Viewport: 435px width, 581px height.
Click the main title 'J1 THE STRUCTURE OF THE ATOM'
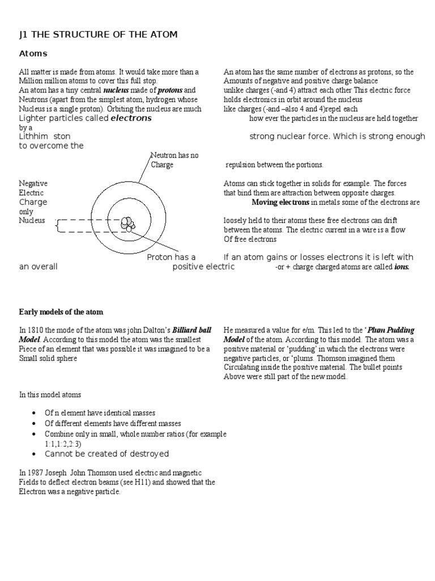(x=98, y=35)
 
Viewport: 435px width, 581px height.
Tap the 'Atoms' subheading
(x=33, y=54)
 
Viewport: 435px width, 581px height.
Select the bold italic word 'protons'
(x=170, y=90)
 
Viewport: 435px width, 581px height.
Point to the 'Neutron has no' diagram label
(x=174, y=155)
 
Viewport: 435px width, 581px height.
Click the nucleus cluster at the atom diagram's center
(x=128, y=224)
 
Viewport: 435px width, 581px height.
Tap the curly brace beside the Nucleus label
(x=57, y=226)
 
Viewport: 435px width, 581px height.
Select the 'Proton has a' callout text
(x=172, y=257)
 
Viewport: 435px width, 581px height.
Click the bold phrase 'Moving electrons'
(x=280, y=202)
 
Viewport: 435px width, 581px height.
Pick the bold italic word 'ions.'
(x=401, y=267)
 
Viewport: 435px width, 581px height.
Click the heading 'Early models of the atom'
(x=61, y=312)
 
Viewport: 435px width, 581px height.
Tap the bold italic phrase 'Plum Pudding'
(x=393, y=330)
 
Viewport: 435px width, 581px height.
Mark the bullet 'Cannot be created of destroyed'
(x=106, y=454)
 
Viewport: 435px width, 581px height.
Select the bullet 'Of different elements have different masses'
(x=113, y=423)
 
